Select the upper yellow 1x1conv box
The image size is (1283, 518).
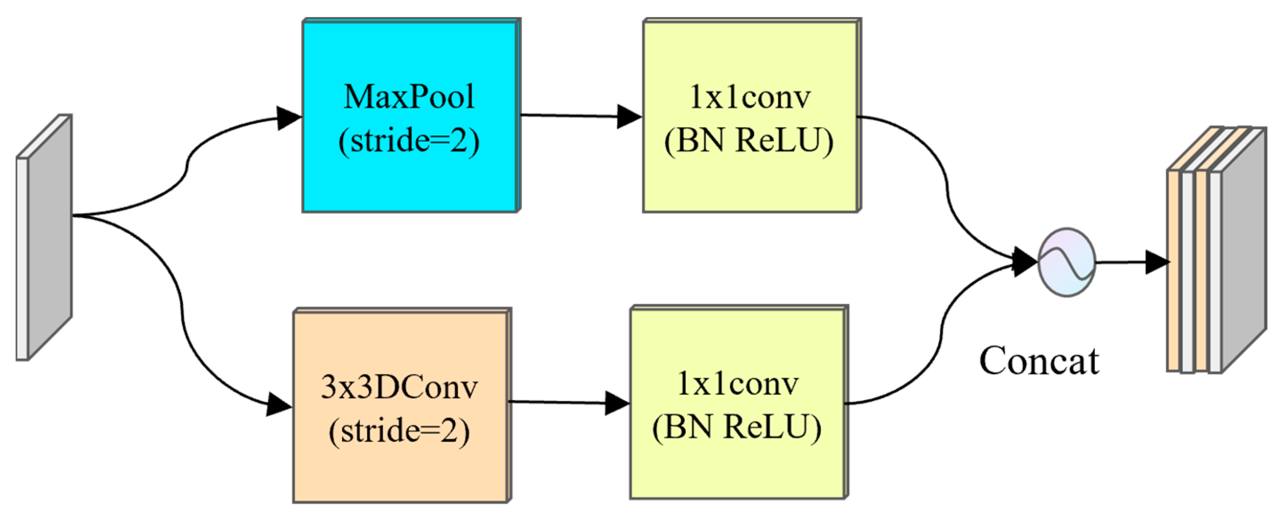(750, 184)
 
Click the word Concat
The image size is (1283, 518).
(1039, 361)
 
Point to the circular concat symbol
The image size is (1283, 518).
(1066, 262)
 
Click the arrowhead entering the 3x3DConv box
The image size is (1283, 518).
(278, 405)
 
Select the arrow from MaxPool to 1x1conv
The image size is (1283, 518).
(573, 116)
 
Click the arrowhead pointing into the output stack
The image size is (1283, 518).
(1157, 262)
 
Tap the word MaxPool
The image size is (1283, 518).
(408, 96)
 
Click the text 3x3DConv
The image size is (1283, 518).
(399, 387)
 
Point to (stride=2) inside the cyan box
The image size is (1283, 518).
(408, 141)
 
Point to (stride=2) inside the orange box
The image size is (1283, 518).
(399, 430)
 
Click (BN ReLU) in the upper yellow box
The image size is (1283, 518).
(748, 141)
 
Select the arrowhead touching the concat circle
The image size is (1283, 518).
(1025, 262)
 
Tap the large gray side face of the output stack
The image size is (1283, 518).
(1244, 249)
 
